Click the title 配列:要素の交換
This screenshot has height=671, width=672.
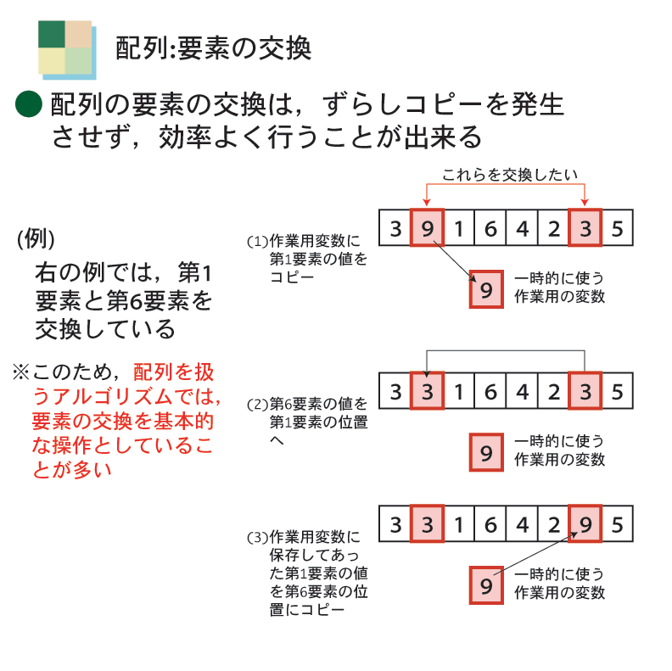213,48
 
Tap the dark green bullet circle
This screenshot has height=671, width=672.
29,104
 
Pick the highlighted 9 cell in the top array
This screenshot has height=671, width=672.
427,228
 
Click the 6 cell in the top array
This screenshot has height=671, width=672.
490,228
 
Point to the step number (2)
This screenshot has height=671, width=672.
256,404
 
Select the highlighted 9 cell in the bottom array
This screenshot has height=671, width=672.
585,524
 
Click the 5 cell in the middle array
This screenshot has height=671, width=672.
617,392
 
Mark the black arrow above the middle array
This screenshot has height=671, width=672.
507,350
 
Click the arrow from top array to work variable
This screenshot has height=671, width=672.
452,260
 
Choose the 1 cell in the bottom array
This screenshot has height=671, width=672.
458,524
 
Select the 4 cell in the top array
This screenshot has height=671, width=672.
522,228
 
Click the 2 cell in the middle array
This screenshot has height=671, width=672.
553,392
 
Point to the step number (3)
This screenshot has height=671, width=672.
256,538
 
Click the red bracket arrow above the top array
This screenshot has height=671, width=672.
507,187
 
